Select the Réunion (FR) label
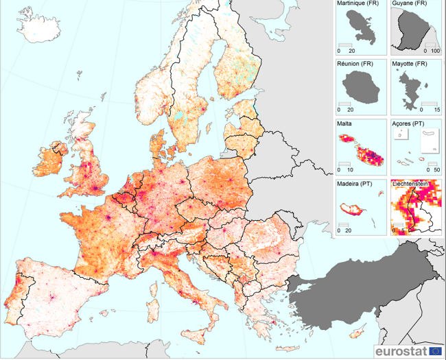(355, 64)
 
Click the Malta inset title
(344, 124)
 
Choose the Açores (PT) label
(408, 124)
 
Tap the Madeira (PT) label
(354, 184)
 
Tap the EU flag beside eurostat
(435, 351)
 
